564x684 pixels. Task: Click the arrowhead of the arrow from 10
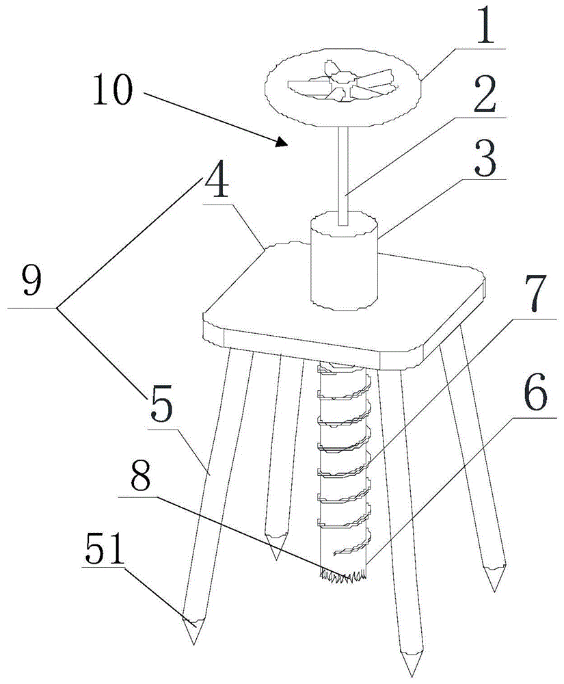pos(282,142)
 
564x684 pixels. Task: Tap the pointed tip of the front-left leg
pos(193,639)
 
